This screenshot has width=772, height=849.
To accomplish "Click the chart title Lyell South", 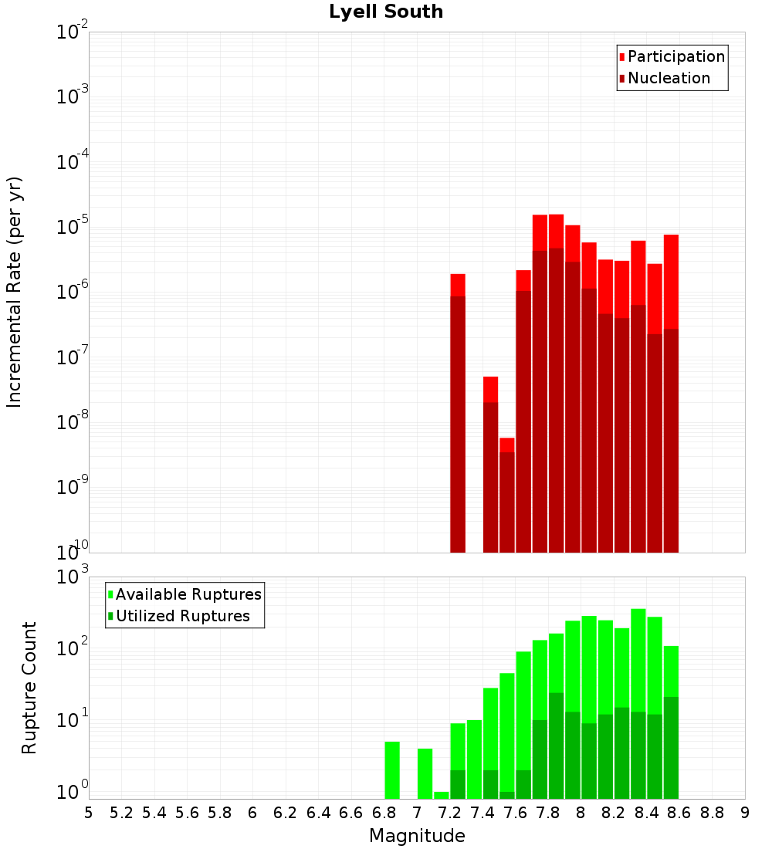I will [x=386, y=12].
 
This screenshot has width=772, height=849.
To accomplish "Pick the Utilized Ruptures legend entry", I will [x=181, y=616].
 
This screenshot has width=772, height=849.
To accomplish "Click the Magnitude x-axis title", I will [x=417, y=836].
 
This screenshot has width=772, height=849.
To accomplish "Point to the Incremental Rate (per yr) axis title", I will [x=15, y=292].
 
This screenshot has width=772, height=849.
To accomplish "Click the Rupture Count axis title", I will [x=29, y=687].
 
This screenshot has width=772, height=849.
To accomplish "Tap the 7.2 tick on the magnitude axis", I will [x=449, y=812].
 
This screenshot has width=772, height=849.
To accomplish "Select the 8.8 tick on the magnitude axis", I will [x=712, y=812].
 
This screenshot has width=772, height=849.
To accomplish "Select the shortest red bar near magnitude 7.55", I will [x=506, y=494].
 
